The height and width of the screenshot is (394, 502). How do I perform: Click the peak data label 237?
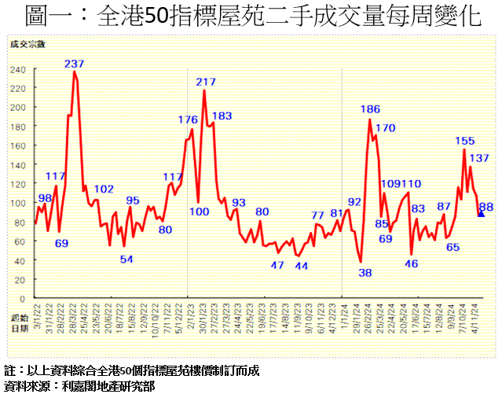[x=75, y=64]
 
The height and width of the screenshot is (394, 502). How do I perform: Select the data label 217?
[x=207, y=82]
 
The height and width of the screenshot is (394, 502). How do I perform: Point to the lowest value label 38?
[x=365, y=273]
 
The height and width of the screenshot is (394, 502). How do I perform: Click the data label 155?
[x=465, y=141]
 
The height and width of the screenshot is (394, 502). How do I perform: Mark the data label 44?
[x=301, y=266]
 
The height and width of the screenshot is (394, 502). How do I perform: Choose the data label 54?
[x=126, y=260]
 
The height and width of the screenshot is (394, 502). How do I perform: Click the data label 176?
[x=188, y=120]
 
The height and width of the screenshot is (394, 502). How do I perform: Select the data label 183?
[x=222, y=116]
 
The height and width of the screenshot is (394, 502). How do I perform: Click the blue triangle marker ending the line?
[x=481, y=212]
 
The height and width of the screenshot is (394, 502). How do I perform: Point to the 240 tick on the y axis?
[x=18, y=69]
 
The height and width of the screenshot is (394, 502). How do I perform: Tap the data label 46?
[x=411, y=264]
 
